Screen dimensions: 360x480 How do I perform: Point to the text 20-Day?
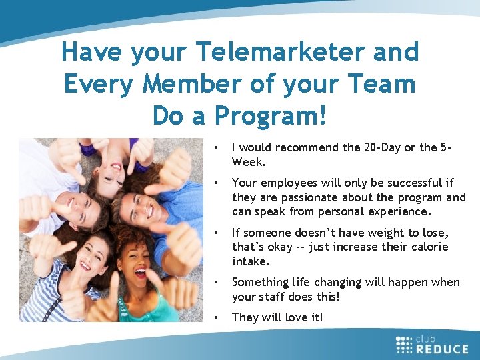[x=370, y=147]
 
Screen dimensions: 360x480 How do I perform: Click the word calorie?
[x=427, y=247]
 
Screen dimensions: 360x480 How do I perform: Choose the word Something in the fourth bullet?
[x=261, y=282]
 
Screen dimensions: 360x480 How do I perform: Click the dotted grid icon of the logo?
[x=404, y=344]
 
